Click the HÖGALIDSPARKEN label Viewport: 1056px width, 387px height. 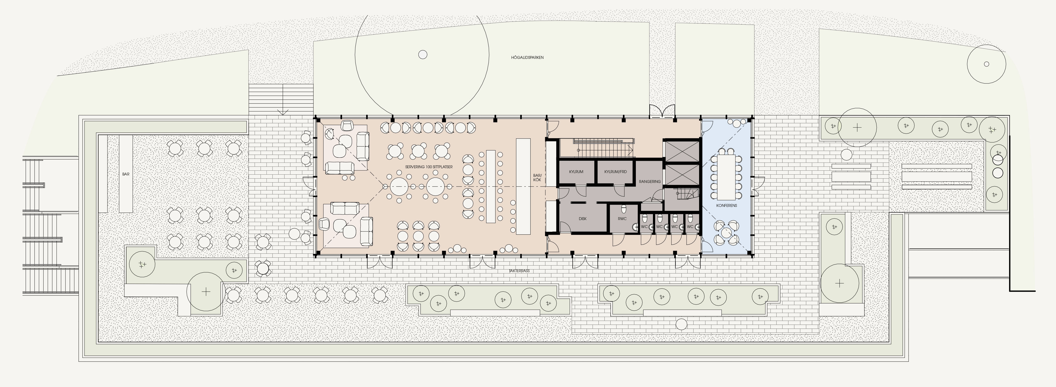point(527,57)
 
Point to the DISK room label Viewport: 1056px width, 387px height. point(582,219)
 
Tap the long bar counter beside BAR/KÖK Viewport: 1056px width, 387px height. point(523,186)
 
